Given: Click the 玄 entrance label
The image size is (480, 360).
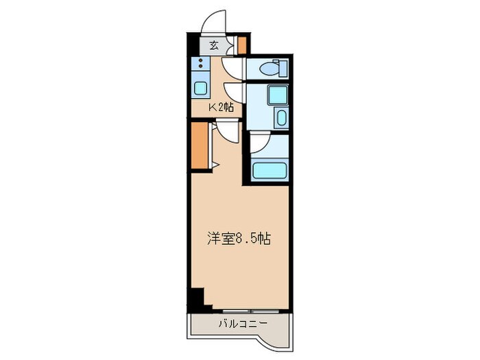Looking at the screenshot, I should click(214, 46).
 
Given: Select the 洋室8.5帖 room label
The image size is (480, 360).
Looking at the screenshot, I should click(239, 239).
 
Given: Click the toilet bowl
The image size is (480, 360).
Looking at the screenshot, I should click(269, 69).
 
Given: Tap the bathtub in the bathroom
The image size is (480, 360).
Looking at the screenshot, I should click(269, 170).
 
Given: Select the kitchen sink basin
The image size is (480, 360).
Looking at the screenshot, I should click(201, 88).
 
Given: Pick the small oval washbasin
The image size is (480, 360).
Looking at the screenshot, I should click(281, 118).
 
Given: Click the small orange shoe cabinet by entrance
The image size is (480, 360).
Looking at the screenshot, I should click(241, 45).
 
